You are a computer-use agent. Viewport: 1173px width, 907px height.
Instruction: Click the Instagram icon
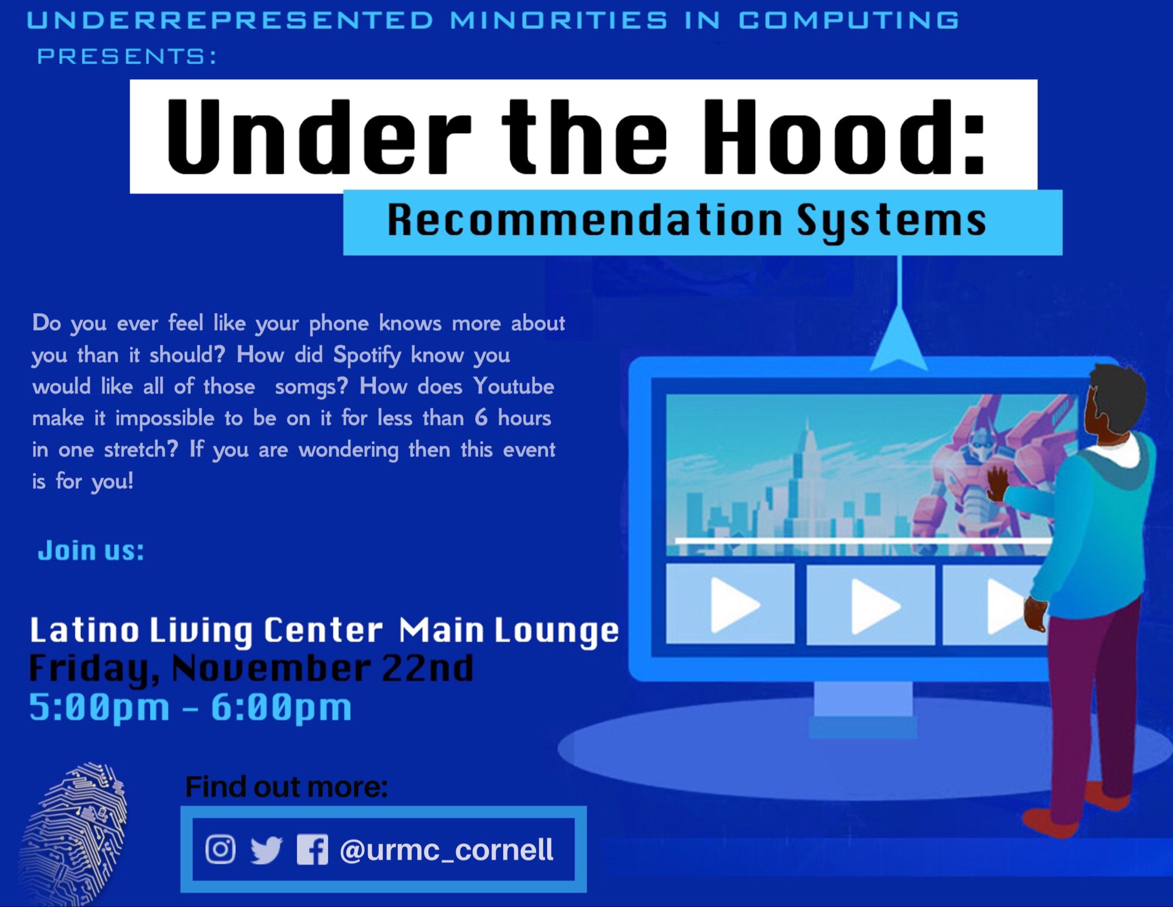(x=221, y=849)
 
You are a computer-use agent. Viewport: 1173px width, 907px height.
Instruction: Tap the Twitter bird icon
(x=266, y=850)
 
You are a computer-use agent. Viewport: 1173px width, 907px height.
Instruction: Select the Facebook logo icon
(x=312, y=850)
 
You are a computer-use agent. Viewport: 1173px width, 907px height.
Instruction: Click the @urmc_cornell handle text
(x=446, y=850)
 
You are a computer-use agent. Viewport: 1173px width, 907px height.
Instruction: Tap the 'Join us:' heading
(x=91, y=550)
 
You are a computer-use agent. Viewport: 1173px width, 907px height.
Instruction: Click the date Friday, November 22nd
(x=251, y=668)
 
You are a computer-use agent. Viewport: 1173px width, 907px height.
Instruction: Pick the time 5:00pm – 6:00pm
(x=191, y=707)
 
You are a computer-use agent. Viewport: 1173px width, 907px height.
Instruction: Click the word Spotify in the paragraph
(x=367, y=355)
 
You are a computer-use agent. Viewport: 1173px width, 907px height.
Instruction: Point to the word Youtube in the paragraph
(x=514, y=387)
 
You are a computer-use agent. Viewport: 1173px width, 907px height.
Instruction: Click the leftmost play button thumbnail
(x=731, y=605)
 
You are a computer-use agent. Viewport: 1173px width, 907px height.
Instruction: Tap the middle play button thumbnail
(x=871, y=605)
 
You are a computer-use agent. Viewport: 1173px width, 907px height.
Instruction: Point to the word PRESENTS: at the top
(x=127, y=56)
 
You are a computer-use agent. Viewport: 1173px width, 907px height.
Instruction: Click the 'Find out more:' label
(x=286, y=787)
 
